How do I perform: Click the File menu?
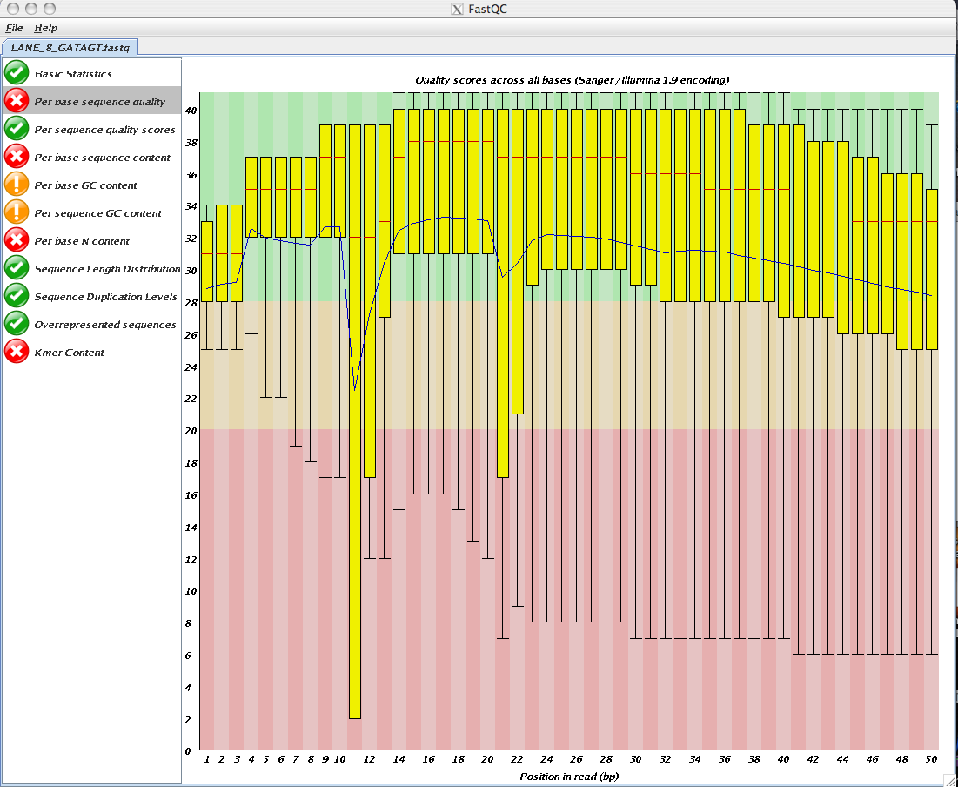point(14,28)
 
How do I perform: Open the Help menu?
point(46,28)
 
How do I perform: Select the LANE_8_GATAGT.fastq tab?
point(70,47)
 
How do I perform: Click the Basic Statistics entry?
point(73,74)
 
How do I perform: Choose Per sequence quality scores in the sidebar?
point(104,130)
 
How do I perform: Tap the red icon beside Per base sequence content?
point(17,157)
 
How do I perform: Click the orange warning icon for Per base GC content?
point(17,185)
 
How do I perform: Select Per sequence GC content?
point(97,213)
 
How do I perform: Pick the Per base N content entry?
point(81,241)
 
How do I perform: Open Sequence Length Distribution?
point(107,269)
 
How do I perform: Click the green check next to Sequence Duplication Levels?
point(17,296)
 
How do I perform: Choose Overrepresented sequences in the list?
point(105,325)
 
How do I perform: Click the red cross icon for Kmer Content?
point(17,352)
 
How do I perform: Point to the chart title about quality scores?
point(572,80)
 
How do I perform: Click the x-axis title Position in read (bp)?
point(569,777)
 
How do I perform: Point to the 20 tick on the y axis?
point(191,430)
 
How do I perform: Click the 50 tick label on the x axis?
point(931,759)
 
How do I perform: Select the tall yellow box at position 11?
point(354,421)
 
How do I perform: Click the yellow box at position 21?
point(503,293)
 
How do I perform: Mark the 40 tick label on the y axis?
point(191,110)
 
